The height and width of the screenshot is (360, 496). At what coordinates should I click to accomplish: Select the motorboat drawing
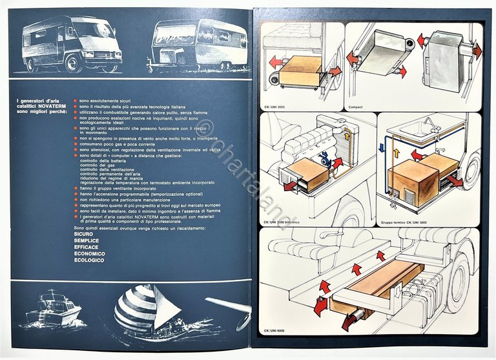click(x=54, y=309)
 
